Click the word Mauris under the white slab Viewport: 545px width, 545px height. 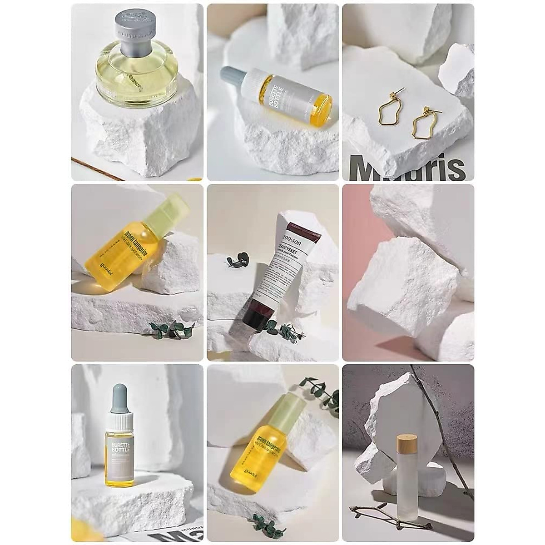pyautogui.click(x=409, y=168)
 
